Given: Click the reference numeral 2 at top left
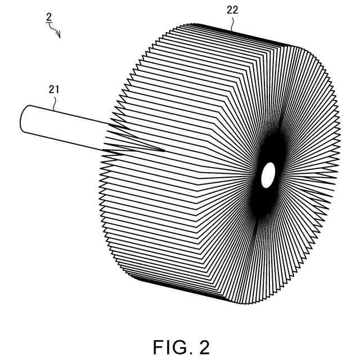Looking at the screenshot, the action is tap(49, 17).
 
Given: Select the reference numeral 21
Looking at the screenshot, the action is tap(55, 88).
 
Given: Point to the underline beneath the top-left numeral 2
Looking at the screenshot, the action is tap(49, 22).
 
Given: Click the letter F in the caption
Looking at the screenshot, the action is tap(157, 347).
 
